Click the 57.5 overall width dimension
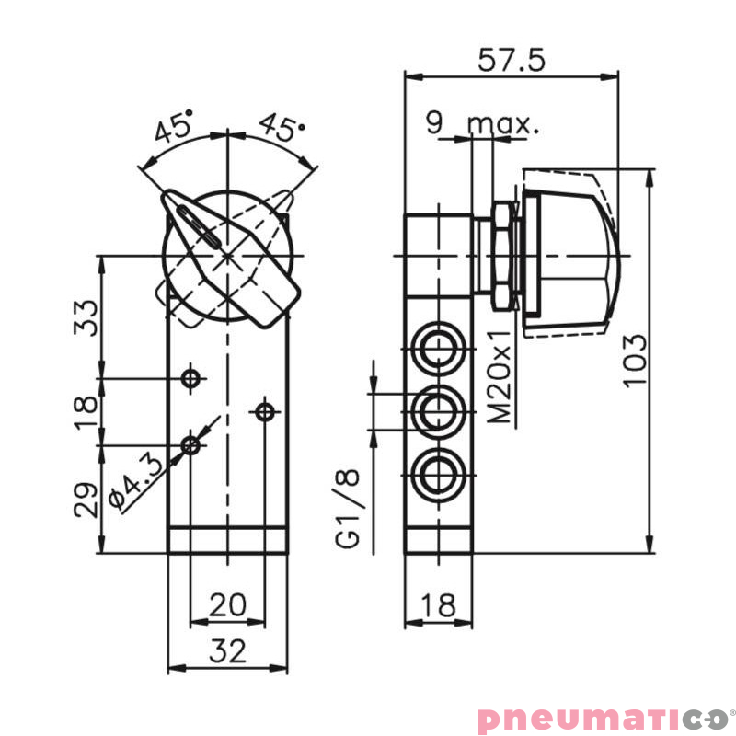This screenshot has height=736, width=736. coord(512,60)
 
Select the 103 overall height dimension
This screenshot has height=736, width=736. coord(636,361)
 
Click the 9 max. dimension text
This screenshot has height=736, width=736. coord(482,122)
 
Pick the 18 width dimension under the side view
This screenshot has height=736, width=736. coord(438,604)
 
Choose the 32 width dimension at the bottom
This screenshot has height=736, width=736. coord(226,650)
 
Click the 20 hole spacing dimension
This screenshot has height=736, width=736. coord(226,604)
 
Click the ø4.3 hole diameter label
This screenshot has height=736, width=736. coord(136,480)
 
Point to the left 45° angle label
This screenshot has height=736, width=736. coord(174,127)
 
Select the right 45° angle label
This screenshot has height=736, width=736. coord(281,127)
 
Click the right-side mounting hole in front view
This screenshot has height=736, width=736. coord(265,411)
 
